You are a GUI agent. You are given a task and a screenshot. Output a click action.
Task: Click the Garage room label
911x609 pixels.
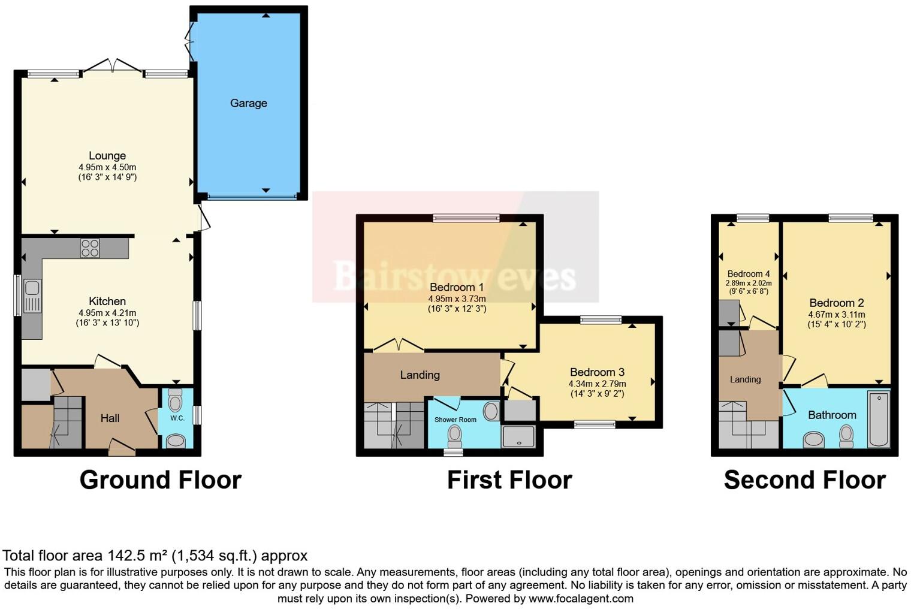coord(248,103)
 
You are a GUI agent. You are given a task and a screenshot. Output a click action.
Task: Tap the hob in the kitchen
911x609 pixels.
coord(90,248)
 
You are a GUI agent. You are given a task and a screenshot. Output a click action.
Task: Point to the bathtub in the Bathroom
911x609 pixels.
coord(879,419)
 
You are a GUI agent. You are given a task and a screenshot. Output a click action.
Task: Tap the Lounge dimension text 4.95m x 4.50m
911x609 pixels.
coord(107,167)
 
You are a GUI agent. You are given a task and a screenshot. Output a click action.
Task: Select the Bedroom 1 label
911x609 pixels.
coord(456,287)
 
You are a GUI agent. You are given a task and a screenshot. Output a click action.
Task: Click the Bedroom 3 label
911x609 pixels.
coord(597,372)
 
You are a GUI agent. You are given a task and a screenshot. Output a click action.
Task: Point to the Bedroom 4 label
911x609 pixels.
coord(748,274)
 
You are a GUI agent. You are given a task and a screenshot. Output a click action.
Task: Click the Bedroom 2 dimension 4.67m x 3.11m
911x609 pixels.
coord(836,314)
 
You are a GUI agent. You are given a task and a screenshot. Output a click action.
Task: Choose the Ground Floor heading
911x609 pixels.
coord(160,480)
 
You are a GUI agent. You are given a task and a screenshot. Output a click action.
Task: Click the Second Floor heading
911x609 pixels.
coord(804,480)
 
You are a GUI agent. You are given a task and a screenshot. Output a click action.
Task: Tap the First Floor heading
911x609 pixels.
coord(509,480)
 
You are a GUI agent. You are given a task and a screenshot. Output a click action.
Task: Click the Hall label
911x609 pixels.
coord(110,418)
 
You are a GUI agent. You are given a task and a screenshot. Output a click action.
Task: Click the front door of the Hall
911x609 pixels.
coord(122,448)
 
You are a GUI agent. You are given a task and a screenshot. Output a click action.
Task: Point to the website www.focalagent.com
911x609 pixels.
coord(580,598)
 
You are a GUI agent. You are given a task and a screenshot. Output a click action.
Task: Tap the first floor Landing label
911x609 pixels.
coord(420,375)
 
